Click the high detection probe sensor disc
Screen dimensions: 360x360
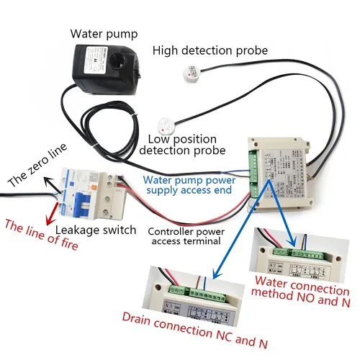[191, 73]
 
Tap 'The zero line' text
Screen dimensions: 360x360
[37, 166]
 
